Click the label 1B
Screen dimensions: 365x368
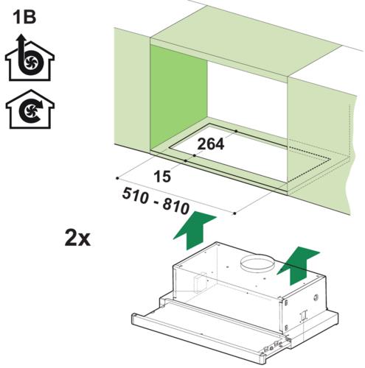pos(24,18)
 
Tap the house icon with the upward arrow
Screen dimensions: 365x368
pos(29,57)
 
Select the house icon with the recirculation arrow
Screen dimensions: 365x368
pos(30,109)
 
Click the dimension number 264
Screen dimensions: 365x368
pos(211,144)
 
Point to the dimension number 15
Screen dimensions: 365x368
pos(162,177)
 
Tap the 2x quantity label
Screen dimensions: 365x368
pos(77,238)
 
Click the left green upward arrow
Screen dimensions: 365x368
pos(195,230)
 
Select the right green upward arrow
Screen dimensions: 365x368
pos(298,266)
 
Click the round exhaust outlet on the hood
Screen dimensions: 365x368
pos(257,263)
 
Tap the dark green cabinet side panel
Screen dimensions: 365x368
pos(178,98)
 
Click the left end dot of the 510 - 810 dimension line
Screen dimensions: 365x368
pos(117,178)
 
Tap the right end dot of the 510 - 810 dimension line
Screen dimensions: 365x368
pos(234,213)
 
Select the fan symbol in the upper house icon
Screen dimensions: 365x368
pos(32,61)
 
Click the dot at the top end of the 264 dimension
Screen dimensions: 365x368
pos(236,131)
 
